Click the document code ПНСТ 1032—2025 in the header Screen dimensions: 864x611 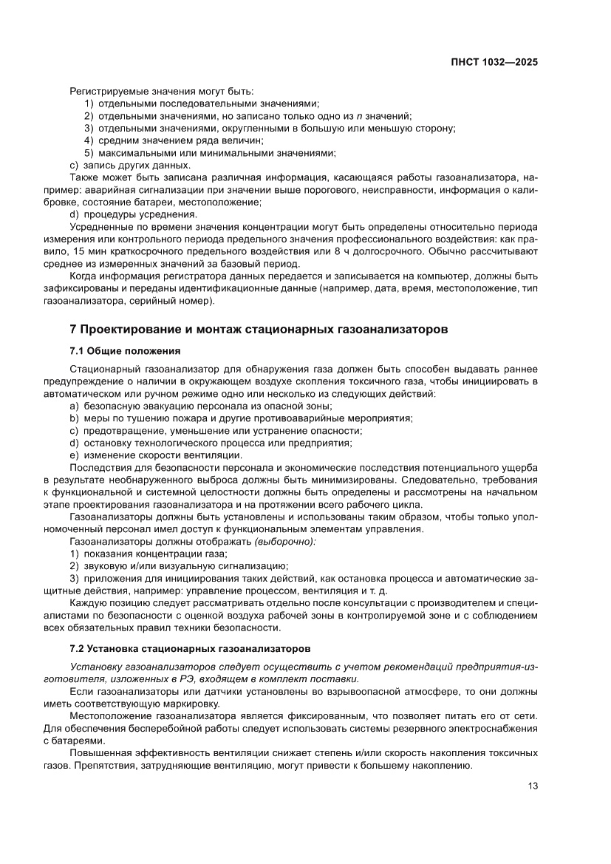[494, 62]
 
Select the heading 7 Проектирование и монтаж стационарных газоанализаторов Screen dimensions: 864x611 [258, 329]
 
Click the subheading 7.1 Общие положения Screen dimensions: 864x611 [125, 350]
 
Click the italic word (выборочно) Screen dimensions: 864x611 [285, 542]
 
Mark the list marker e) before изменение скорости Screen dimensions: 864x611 [74, 455]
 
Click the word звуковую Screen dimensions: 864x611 [106, 565]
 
